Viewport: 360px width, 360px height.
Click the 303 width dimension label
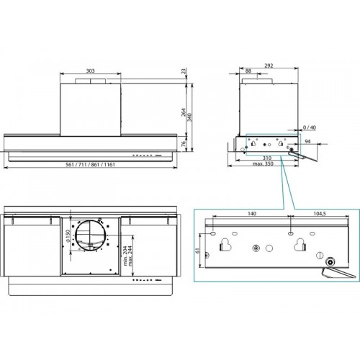pyautogui.click(x=90, y=71)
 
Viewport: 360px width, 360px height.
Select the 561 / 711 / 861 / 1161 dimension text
pyautogui.click(x=90, y=165)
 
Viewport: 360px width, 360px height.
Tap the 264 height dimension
pyautogui.click(x=184, y=112)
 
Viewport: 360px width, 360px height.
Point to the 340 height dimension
pyautogui.click(x=189, y=117)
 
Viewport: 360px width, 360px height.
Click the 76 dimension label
pyautogui.click(x=184, y=143)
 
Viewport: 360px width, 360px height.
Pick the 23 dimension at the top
pyautogui.click(x=184, y=71)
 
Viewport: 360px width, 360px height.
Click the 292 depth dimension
pyautogui.click(x=269, y=66)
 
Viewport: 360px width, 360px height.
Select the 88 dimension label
pyautogui.click(x=248, y=71)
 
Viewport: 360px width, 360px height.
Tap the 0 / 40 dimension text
pyautogui.click(x=310, y=127)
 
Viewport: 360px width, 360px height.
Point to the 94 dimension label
pyautogui.click(x=307, y=141)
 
